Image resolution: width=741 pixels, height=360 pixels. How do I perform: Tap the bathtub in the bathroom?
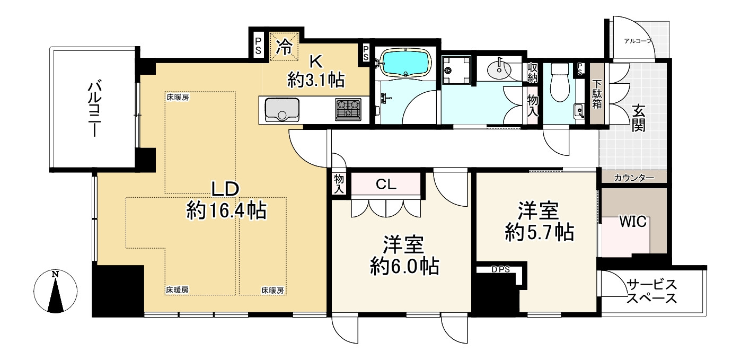point(406,64)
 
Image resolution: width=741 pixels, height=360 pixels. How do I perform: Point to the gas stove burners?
point(348,110)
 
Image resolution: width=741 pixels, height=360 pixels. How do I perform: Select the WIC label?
point(633,222)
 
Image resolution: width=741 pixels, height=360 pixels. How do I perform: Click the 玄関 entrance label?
point(638,118)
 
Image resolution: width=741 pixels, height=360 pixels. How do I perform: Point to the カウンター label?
point(634,177)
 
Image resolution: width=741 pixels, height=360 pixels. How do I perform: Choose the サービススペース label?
point(651,291)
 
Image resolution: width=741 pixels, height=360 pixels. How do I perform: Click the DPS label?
point(500,269)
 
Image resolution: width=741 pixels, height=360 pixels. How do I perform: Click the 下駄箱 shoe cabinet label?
point(597,94)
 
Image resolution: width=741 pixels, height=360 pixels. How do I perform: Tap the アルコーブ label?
point(638,41)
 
